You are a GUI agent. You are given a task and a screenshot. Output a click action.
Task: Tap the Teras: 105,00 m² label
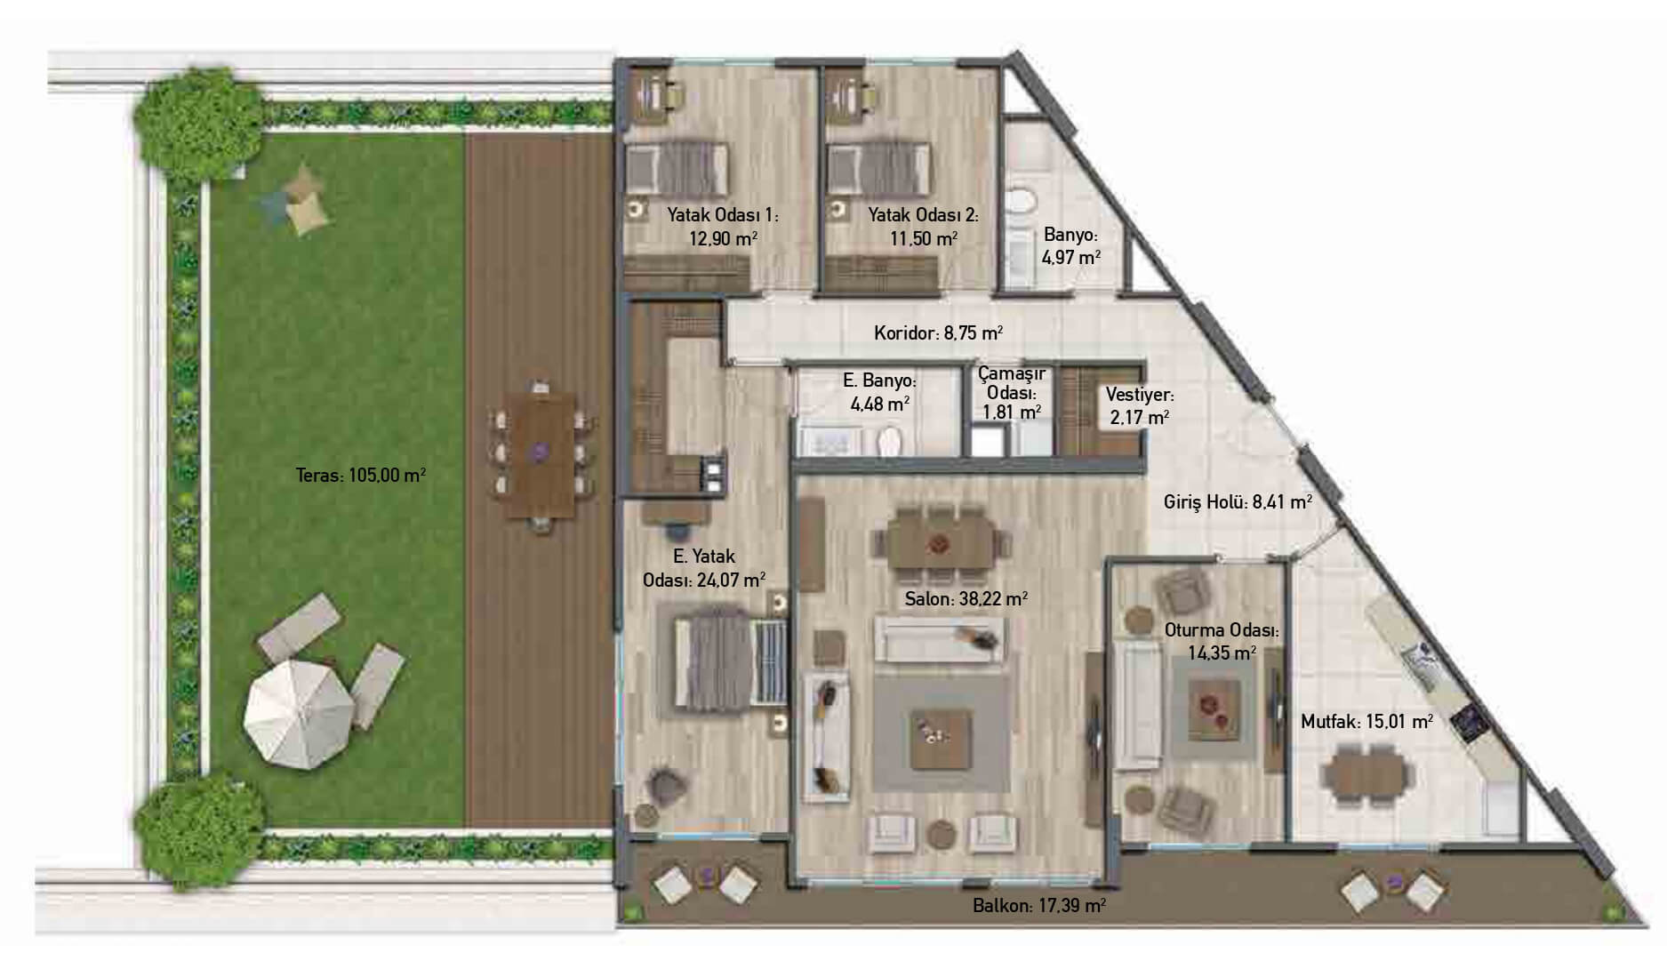tap(360, 475)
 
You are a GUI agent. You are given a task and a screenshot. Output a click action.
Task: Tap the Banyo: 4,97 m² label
tap(1071, 246)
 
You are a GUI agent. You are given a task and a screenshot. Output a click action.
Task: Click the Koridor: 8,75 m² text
tap(938, 333)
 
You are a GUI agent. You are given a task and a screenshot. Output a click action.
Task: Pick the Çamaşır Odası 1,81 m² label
tap(1012, 393)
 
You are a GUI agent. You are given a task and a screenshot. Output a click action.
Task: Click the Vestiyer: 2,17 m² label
tap(1139, 405)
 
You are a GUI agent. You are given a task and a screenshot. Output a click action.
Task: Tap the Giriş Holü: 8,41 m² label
tap(1238, 502)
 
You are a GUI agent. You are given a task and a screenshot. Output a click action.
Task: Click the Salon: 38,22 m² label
tap(966, 599)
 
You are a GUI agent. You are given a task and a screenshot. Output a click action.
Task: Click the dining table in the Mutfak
tap(1367, 772)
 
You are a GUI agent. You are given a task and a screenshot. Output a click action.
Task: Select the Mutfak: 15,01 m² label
tap(1366, 722)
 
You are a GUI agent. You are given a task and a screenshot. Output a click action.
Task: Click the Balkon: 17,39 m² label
tap(1038, 906)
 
